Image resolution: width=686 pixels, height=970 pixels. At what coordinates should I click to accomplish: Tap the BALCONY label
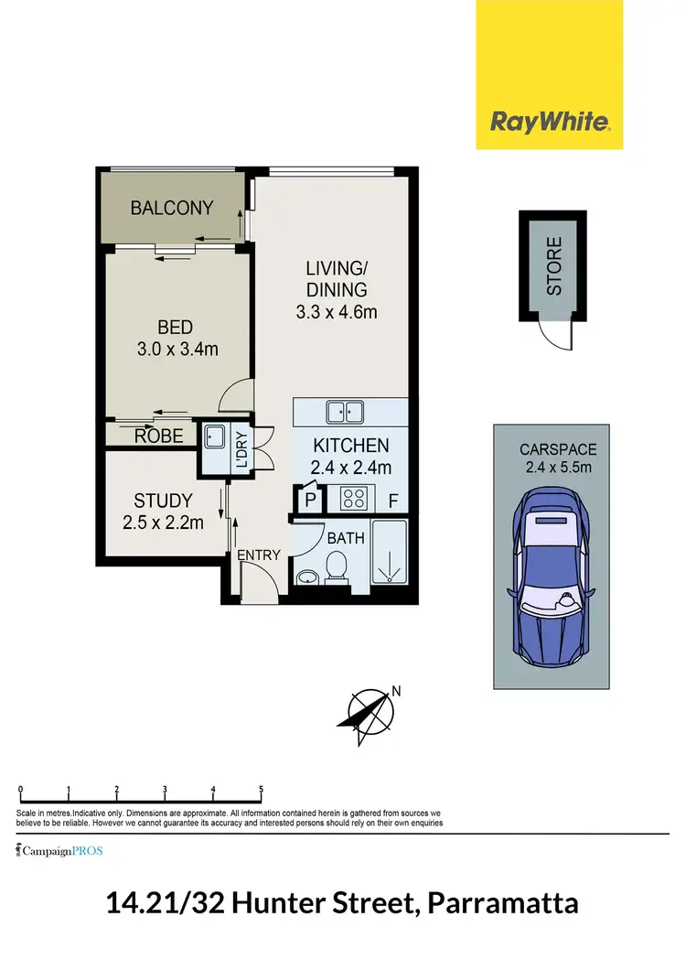172,208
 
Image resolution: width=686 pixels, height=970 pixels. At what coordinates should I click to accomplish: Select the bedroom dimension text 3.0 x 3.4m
175,349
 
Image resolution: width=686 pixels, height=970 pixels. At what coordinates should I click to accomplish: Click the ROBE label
159,436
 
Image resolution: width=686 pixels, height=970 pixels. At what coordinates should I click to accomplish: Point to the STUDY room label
163,501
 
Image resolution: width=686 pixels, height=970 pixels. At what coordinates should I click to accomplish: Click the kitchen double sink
346,412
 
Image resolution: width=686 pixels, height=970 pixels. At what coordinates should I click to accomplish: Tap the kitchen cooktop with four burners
352,500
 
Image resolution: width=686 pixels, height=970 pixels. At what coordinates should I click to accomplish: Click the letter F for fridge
392,501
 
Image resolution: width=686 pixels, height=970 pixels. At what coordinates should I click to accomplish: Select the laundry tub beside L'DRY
215,438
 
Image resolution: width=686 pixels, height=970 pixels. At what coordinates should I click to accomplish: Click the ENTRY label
258,555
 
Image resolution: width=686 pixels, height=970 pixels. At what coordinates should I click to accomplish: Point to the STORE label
554,266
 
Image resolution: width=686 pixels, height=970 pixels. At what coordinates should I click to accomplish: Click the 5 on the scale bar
261,789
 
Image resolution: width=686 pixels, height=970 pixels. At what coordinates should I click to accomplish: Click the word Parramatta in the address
507,904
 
